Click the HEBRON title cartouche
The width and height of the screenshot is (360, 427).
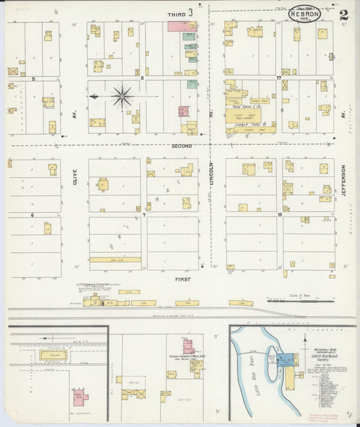[305, 14]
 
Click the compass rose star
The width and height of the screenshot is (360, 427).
[122, 96]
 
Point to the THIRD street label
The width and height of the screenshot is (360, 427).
[177, 13]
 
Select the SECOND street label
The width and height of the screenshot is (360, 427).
[182, 146]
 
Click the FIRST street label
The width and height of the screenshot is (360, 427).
[182, 278]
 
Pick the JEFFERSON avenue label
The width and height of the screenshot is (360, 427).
[343, 180]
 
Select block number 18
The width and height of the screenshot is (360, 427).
[279, 215]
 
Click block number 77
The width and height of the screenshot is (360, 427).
[278, 78]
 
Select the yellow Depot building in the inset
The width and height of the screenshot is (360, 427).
[53, 355]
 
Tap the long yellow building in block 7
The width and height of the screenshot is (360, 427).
[115, 259]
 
